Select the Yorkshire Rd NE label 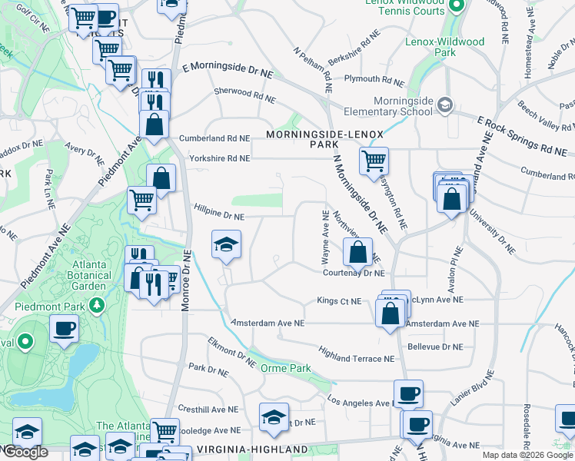click(219, 158)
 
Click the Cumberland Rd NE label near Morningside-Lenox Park click(214, 138)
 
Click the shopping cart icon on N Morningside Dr click(374, 161)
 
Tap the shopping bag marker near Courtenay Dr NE click(357, 251)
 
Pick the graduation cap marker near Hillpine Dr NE click(226, 244)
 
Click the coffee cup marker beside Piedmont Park click(64, 329)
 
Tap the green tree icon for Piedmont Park click(97, 307)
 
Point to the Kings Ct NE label click(339, 301)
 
